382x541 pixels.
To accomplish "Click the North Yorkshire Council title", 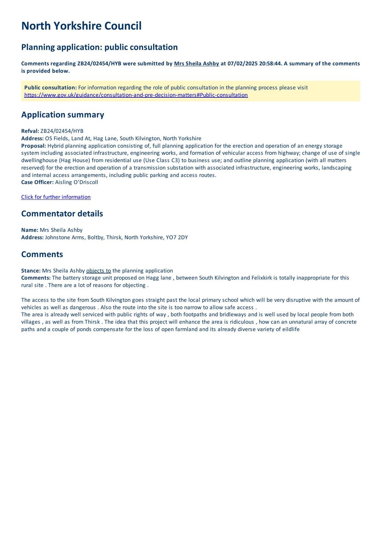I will click(81, 26).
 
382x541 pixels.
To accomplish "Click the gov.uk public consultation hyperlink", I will click(136, 95).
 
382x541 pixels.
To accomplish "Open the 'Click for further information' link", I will click(56, 197).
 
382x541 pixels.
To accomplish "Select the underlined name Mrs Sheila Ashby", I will click(196, 64).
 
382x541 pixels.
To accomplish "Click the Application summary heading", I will click(63, 115).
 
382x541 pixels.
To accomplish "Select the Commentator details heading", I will click(62, 214).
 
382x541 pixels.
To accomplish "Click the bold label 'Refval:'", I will click(30, 131).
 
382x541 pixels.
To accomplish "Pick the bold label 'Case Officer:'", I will click(37, 183).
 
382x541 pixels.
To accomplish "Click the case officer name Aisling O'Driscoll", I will click(76, 183).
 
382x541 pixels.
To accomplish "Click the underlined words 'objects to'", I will click(99, 271).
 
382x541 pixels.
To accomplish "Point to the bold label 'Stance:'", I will click(31, 271).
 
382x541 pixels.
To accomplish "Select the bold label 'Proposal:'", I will click(33, 146).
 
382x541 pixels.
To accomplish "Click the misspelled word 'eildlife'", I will click(291, 329).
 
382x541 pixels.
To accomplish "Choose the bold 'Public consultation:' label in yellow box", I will click(50, 88).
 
